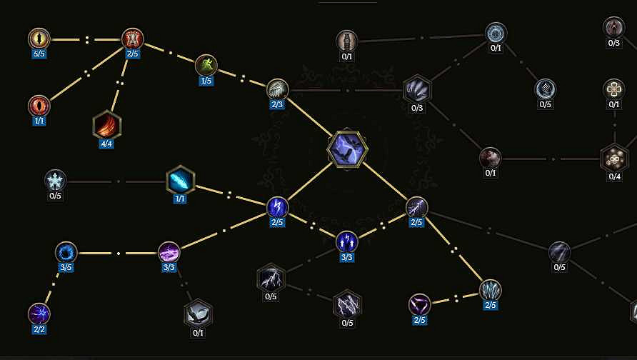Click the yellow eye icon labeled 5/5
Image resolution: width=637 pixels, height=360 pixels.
(x=39, y=39)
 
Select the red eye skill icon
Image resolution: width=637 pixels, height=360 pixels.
(x=39, y=106)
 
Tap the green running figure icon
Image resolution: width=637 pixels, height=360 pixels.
(x=206, y=65)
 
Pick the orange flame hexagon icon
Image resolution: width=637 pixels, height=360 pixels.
(x=107, y=125)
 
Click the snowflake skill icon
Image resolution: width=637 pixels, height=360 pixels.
(x=55, y=181)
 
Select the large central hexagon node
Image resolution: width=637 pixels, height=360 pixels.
(x=347, y=149)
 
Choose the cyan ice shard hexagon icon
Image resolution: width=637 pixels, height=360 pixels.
(x=181, y=180)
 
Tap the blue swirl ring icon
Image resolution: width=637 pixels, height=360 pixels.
(x=66, y=252)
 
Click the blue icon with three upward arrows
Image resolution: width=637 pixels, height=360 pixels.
(x=346, y=242)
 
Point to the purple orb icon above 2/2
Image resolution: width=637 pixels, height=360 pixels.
(x=39, y=314)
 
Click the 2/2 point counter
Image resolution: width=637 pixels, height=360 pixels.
(x=39, y=329)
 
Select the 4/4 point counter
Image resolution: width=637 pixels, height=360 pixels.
(x=106, y=144)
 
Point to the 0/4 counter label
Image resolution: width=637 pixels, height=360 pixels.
(x=615, y=176)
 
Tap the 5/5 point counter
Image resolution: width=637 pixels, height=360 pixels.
(x=39, y=54)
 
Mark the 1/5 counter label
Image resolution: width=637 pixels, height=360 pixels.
(x=206, y=81)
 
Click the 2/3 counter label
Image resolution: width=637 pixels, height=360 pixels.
(x=277, y=104)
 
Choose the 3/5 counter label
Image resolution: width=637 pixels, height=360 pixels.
(x=66, y=267)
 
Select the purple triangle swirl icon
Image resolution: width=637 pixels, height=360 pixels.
(x=419, y=305)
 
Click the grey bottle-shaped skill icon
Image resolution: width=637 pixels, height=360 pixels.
(x=347, y=41)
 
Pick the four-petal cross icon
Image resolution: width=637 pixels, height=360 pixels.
(x=614, y=89)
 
